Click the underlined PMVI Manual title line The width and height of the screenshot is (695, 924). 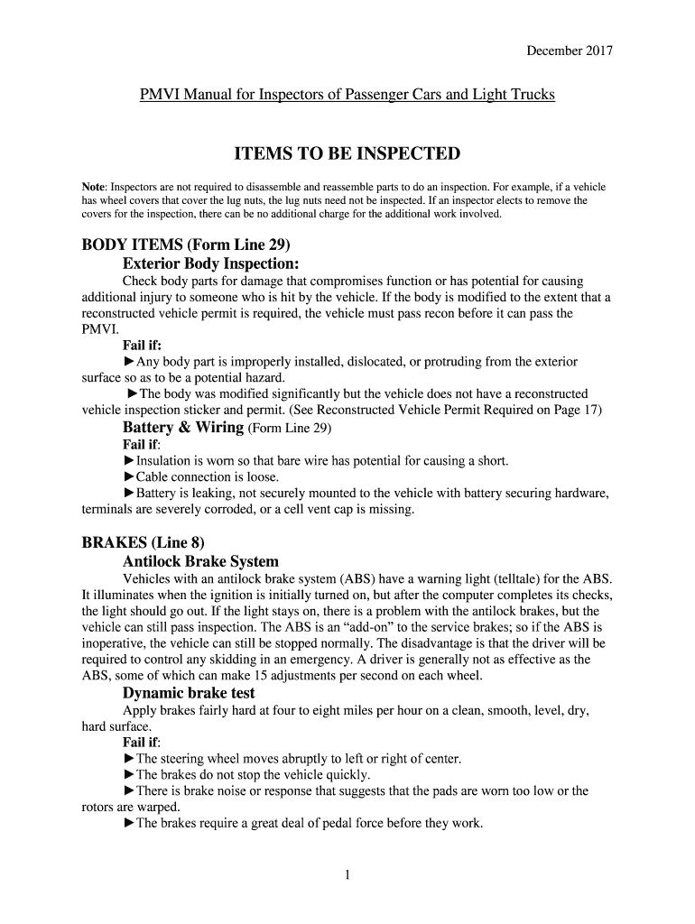(347, 95)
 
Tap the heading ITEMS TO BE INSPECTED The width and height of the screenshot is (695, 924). (347, 154)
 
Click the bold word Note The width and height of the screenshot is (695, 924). (95, 187)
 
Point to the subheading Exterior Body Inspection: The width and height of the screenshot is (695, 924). (210, 263)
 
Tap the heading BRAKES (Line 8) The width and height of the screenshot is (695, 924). (144, 542)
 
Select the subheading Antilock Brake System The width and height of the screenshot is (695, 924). (200, 561)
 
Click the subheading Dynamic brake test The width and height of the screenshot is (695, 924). (189, 693)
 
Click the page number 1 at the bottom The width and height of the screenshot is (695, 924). (347, 874)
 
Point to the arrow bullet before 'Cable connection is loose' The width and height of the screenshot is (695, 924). (128, 476)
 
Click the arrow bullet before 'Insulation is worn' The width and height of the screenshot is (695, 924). (128, 461)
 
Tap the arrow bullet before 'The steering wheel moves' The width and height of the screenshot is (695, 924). (128, 758)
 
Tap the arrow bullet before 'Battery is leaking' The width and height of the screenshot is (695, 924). (128, 493)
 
